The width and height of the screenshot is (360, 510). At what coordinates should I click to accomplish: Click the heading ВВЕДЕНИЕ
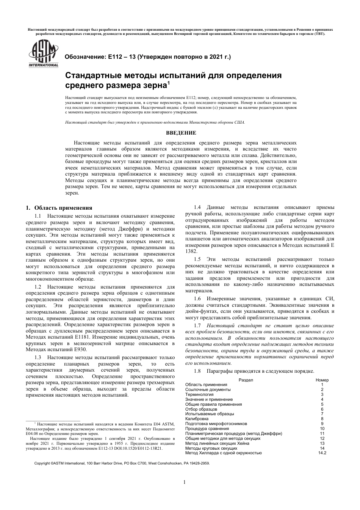click(x=181, y=133)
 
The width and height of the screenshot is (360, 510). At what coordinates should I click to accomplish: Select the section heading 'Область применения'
click(x=63, y=208)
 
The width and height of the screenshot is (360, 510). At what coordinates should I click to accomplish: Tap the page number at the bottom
click(x=184, y=482)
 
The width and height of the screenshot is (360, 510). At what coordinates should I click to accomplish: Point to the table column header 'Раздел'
click(x=246, y=380)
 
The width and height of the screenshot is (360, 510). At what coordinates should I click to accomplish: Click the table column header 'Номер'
click(x=322, y=380)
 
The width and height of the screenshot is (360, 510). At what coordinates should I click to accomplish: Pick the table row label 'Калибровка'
click(x=197, y=419)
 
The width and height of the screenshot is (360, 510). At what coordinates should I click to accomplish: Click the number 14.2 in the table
click(x=322, y=453)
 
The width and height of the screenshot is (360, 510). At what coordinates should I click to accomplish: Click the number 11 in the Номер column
click(x=322, y=433)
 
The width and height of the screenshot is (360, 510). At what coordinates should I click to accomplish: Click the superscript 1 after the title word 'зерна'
click(x=169, y=82)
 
